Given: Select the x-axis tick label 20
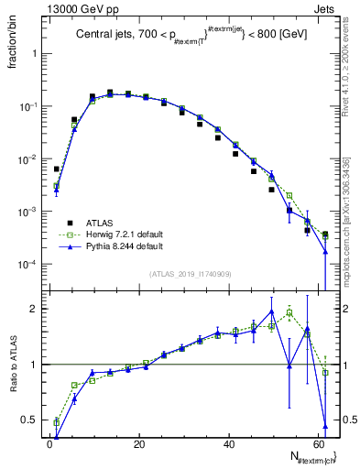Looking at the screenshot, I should (138, 444).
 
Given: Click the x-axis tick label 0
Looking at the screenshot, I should (49, 444).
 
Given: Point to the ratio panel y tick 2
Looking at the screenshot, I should (36, 309).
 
